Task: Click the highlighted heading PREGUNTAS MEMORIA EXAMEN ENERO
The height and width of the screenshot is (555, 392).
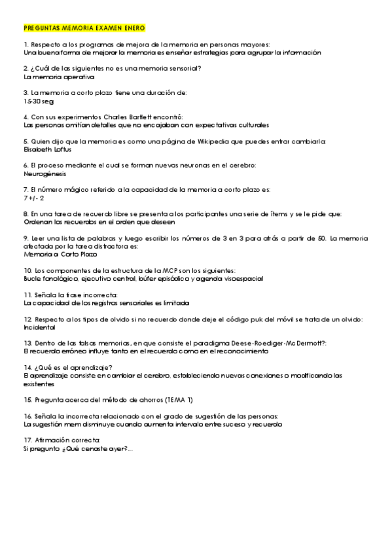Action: click(x=84, y=29)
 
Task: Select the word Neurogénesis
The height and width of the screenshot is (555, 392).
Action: click(x=44, y=175)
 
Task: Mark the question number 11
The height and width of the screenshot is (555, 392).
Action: click(x=27, y=295)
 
